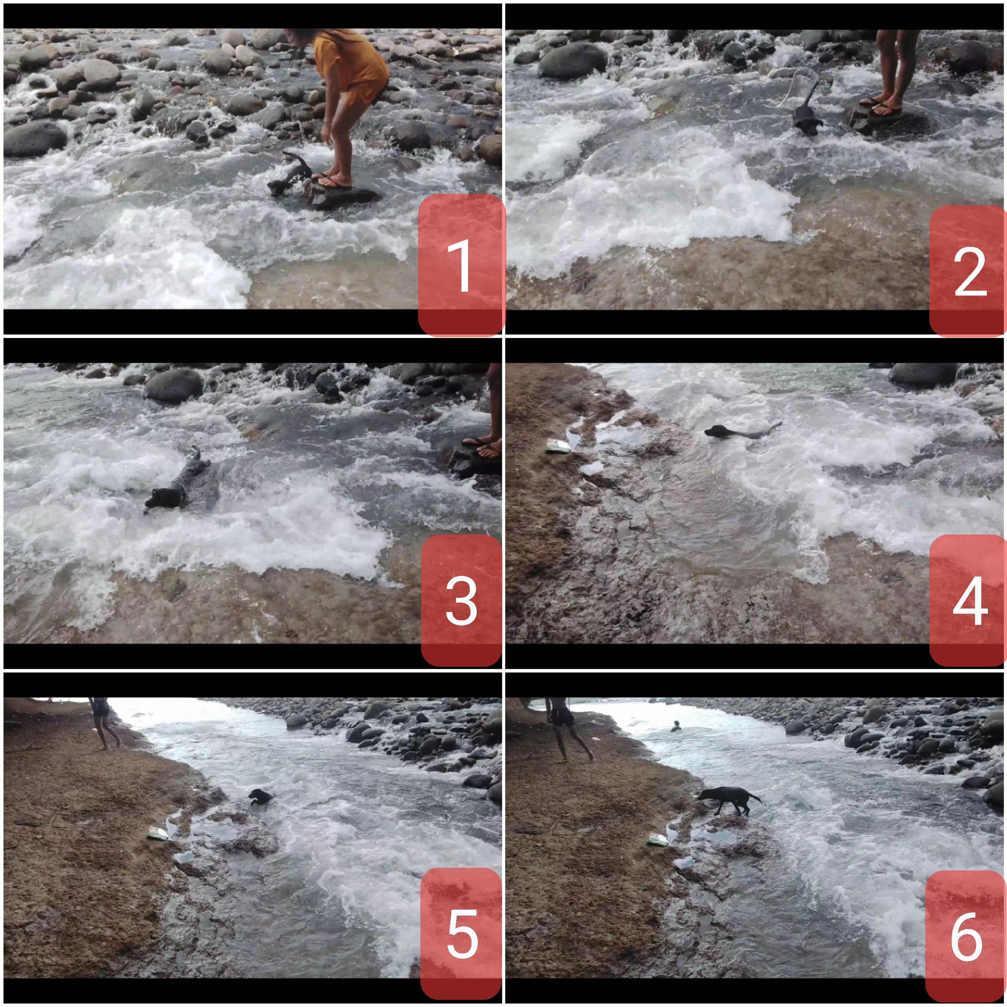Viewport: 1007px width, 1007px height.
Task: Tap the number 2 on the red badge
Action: pyautogui.click(x=970, y=272)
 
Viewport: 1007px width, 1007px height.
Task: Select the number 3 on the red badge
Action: pyautogui.click(x=461, y=601)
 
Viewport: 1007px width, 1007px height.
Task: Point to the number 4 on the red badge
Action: pyautogui.click(x=970, y=601)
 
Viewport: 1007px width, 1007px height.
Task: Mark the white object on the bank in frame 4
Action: pyautogui.click(x=557, y=446)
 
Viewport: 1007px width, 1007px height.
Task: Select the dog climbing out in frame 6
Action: pyautogui.click(x=729, y=800)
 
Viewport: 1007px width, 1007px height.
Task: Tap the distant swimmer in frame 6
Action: pyautogui.click(x=676, y=726)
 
